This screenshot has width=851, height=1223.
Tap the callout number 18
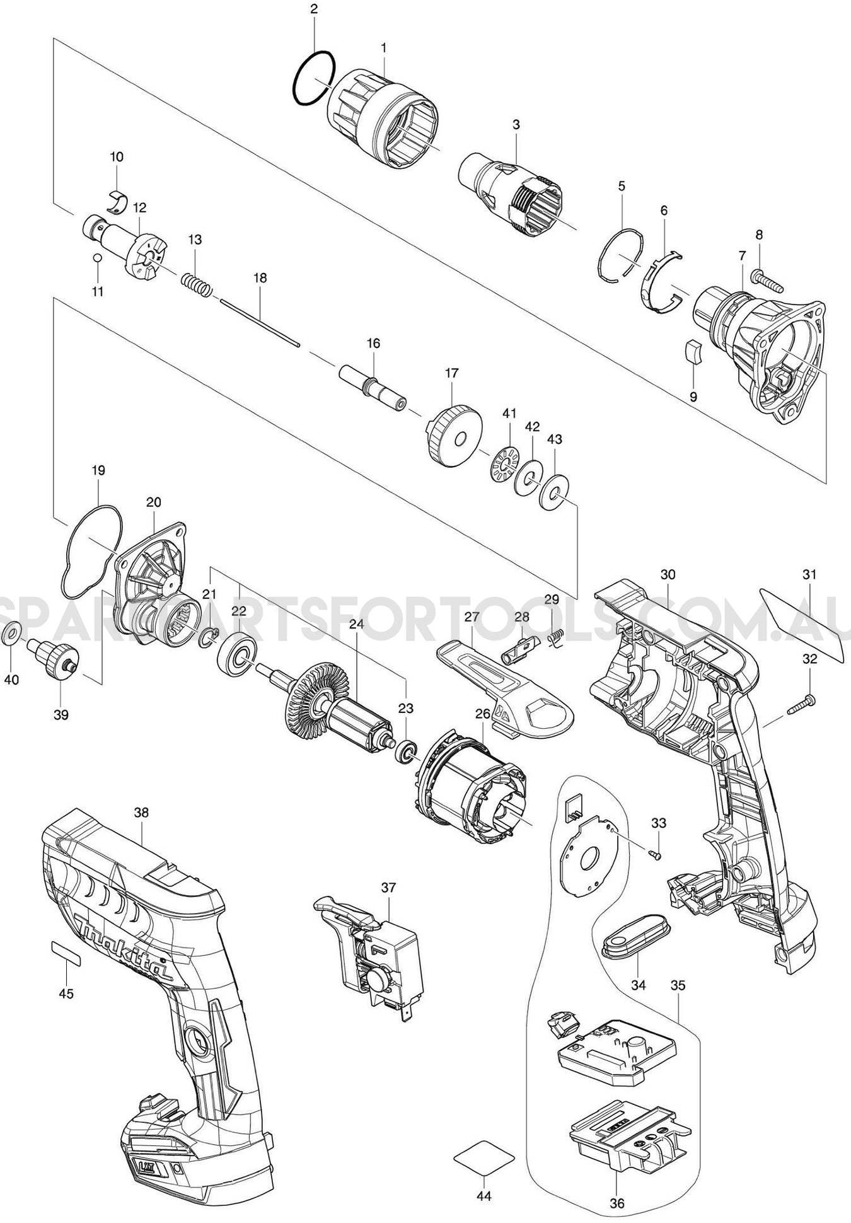tap(260, 277)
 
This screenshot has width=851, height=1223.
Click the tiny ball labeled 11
tap(96, 257)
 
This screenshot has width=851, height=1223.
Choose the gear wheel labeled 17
tap(453, 435)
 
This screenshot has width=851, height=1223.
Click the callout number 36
tap(618, 1203)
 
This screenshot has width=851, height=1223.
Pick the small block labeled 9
tap(693, 352)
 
